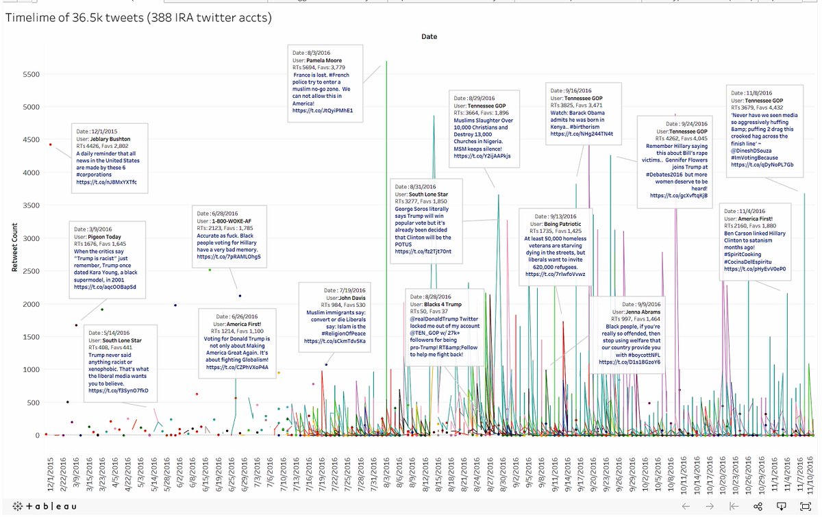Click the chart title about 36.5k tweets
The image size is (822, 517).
coord(138,18)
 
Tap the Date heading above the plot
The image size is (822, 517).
coord(429,36)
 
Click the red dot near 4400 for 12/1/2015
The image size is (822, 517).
coord(51,144)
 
